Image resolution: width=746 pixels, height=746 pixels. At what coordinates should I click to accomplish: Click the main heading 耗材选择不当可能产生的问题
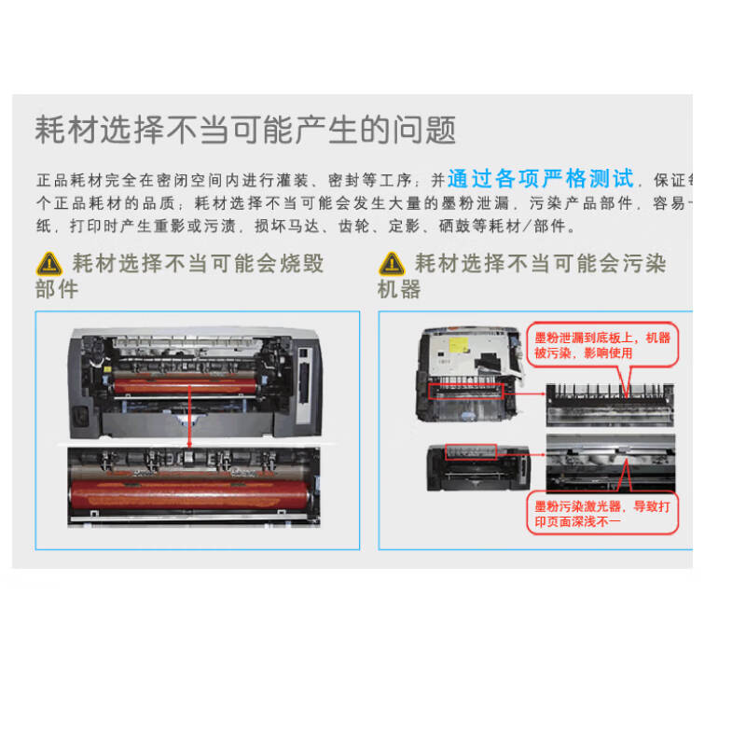(x=245, y=130)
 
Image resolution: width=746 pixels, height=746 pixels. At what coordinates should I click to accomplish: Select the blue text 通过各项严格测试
(x=541, y=178)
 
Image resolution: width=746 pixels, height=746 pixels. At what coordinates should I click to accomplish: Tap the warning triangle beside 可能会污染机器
(x=391, y=264)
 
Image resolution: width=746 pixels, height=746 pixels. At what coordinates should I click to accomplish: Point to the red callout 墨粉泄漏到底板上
(x=601, y=345)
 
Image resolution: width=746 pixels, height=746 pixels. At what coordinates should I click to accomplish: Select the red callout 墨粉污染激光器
(x=601, y=513)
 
